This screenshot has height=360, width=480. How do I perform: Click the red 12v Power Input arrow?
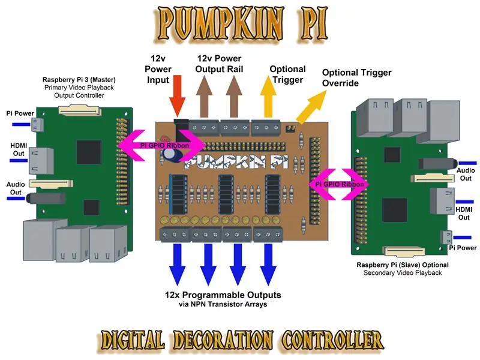coord(177,96)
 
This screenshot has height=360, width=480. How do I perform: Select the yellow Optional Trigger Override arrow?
coord(311,107)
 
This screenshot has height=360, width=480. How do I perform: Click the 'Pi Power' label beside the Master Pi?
coord(20,113)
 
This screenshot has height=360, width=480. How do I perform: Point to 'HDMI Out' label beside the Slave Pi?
coord(464,214)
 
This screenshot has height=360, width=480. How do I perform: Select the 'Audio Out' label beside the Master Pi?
coord(16,188)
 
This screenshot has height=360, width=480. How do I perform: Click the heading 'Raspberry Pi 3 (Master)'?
coord(79,80)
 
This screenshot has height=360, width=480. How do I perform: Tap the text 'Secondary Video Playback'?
coord(403,273)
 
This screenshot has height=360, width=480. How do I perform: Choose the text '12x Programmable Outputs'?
coord(223,295)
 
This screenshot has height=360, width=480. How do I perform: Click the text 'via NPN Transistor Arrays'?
coord(223,304)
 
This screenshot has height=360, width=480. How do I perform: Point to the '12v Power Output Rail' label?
coord(219,64)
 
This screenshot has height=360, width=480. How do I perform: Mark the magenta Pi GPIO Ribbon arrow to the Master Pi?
coord(161,145)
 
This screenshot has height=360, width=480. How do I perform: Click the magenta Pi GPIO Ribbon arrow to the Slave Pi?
coord(339,184)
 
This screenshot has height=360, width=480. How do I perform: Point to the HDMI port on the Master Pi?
coord(41,161)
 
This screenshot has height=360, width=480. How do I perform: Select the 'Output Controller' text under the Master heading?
coord(79,95)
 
